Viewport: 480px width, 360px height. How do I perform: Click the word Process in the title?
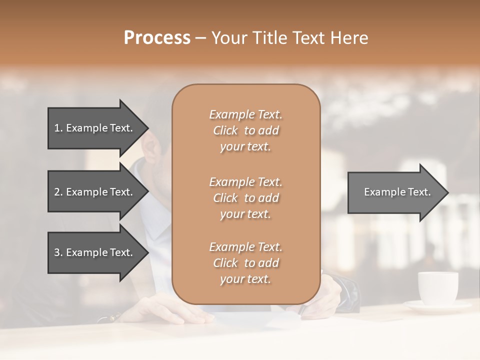[157, 38]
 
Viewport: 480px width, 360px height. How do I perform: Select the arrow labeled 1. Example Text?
[95, 128]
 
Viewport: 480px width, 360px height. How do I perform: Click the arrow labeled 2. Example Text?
[95, 192]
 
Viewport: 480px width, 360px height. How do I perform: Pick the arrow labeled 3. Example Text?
[95, 252]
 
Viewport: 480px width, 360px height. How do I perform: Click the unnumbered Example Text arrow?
[395, 192]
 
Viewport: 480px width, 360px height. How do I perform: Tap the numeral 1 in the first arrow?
[56, 128]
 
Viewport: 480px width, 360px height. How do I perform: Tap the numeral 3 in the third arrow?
[56, 252]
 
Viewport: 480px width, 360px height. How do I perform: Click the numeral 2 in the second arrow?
[56, 192]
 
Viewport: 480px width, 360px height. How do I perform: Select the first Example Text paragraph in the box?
[245, 130]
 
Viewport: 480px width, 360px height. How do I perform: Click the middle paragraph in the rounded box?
[245, 198]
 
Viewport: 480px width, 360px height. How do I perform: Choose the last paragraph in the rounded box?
[245, 263]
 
